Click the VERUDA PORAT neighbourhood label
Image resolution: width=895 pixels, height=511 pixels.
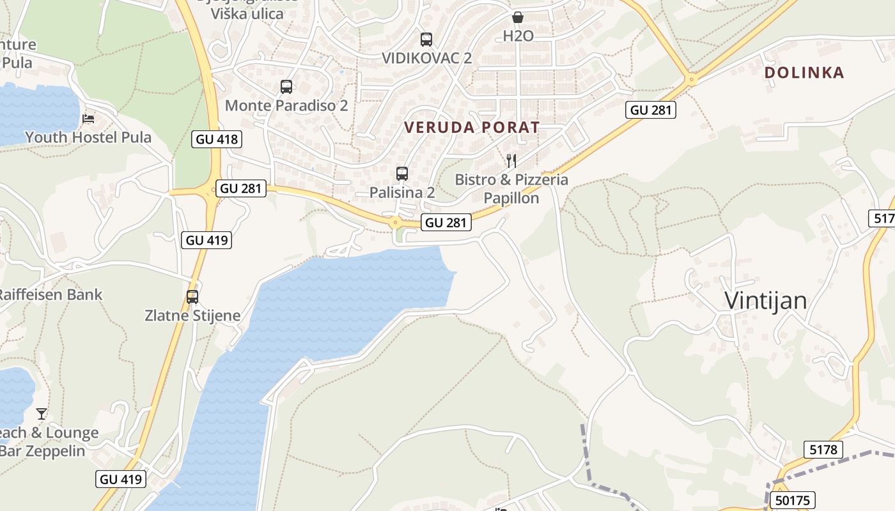tap(472, 127)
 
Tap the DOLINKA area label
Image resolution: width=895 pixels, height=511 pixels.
tap(804, 73)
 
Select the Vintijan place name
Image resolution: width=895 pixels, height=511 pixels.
tap(765, 301)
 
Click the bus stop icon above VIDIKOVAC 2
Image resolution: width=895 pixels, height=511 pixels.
tap(426, 40)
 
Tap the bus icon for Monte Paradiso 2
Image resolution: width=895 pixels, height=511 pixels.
tap(286, 87)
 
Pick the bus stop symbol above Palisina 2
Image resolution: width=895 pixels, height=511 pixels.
tap(402, 173)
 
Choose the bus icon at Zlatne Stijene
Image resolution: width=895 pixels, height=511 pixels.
tap(192, 297)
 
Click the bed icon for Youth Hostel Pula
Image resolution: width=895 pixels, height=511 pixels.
tap(88, 119)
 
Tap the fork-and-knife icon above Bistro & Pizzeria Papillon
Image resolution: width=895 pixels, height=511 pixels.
tap(511, 160)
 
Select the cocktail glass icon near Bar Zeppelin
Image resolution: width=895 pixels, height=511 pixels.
tap(42, 414)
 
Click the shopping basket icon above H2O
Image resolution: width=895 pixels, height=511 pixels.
tap(518, 17)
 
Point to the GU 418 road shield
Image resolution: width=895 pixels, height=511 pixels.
tap(217, 139)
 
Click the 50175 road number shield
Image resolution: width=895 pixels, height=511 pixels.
tap(793, 500)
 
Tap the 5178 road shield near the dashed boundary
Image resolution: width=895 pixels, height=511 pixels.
tap(823, 450)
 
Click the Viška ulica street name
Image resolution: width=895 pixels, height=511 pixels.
tap(247, 13)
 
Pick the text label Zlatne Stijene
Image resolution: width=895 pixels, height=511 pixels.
tap(192, 316)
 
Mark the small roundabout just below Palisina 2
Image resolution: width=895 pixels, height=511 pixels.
tap(395, 223)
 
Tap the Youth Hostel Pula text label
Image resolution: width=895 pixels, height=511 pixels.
tap(88, 137)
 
